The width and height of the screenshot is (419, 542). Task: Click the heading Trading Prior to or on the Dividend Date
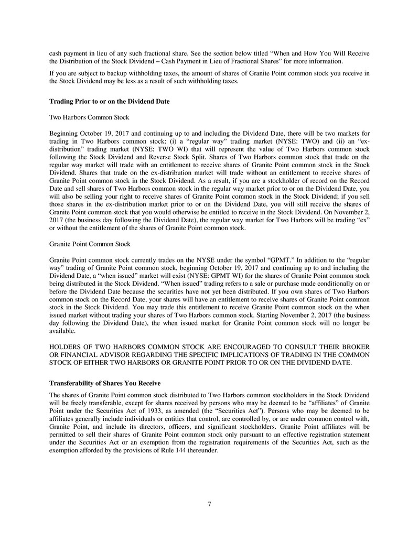pos(109,101)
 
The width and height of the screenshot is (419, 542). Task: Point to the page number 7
pos(209,504)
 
